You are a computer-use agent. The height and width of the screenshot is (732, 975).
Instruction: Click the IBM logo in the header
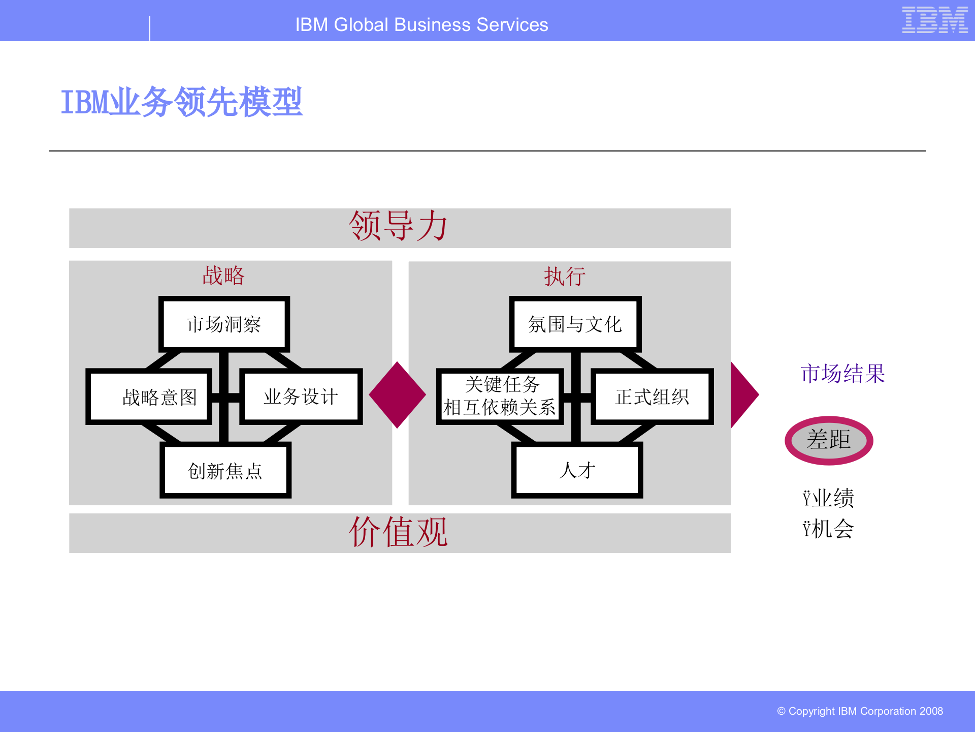(x=934, y=20)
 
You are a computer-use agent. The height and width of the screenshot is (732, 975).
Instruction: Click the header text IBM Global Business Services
(x=421, y=25)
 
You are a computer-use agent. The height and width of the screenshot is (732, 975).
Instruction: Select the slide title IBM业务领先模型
(x=181, y=102)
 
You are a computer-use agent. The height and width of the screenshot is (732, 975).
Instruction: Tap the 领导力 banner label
(x=399, y=227)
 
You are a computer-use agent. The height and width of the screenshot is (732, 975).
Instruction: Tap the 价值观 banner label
(x=399, y=532)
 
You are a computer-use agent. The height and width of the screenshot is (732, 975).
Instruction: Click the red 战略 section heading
(x=223, y=276)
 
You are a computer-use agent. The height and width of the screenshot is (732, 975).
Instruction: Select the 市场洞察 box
(x=224, y=324)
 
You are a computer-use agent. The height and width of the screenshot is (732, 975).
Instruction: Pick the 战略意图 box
(x=149, y=397)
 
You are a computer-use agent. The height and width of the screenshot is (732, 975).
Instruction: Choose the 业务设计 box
(x=301, y=397)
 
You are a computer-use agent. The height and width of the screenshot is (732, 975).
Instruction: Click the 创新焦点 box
(x=225, y=471)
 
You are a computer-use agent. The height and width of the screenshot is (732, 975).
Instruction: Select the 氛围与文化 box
(x=575, y=324)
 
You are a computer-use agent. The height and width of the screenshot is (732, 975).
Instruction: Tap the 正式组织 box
(x=652, y=397)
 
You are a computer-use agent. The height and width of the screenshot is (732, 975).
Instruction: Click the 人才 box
(x=577, y=470)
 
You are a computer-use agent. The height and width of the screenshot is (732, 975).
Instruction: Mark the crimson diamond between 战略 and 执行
(x=397, y=395)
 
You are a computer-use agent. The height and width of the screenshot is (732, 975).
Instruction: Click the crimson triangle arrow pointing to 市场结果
(x=742, y=395)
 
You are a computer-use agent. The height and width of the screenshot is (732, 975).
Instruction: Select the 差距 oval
(x=829, y=440)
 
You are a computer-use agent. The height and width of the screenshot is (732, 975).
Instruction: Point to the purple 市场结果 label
(x=843, y=374)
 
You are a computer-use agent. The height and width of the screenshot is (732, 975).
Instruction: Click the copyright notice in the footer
(x=860, y=711)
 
